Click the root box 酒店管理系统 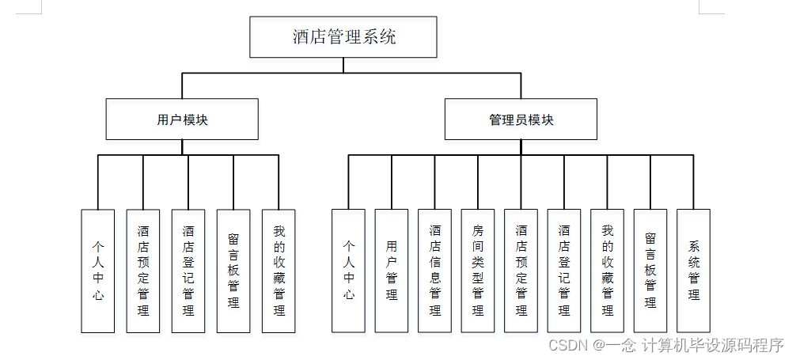pyautogui.click(x=343, y=37)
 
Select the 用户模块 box pyautogui.click(x=182, y=119)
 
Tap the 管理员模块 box pyautogui.click(x=521, y=119)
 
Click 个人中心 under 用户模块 pyautogui.click(x=98, y=271)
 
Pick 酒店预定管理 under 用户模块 pyautogui.click(x=143, y=271)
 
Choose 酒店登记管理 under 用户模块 pyautogui.click(x=188, y=271)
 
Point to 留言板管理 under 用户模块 pyautogui.click(x=233, y=271)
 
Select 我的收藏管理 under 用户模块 pyautogui.click(x=279, y=271)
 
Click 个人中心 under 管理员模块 pyautogui.click(x=348, y=271)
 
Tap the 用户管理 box pyautogui.click(x=392, y=271)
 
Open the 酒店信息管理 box pyautogui.click(x=435, y=271)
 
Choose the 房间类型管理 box pyautogui.click(x=478, y=271)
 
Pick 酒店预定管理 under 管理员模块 pyautogui.click(x=521, y=271)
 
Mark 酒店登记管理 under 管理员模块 pyautogui.click(x=564, y=271)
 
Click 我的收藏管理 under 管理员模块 pyautogui.click(x=608, y=271)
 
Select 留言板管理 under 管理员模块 pyautogui.click(x=650, y=271)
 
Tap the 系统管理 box pyautogui.click(x=694, y=271)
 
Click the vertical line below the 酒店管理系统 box pyautogui.click(x=343, y=65)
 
